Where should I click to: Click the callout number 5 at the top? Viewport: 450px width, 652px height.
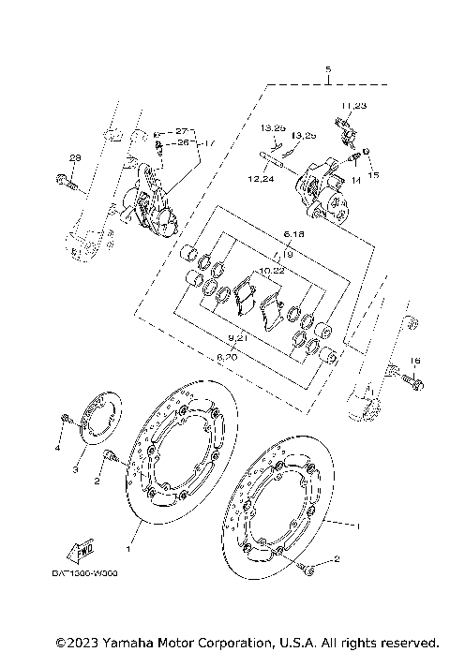click(x=327, y=70)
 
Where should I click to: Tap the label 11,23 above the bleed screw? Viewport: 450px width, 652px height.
click(x=354, y=105)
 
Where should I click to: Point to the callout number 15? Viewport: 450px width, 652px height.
click(x=373, y=175)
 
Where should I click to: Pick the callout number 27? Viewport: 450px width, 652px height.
click(x=181, y=131)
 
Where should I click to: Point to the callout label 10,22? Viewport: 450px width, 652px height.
click(x=273, y=270)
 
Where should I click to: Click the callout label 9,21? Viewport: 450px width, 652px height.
click(x=236, y=337)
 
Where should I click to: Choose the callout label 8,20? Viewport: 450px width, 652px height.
click(x=227, y=357)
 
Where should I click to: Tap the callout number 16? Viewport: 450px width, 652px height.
click(x=415, y=360)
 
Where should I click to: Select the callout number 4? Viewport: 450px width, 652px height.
click(x=56, y=449)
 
